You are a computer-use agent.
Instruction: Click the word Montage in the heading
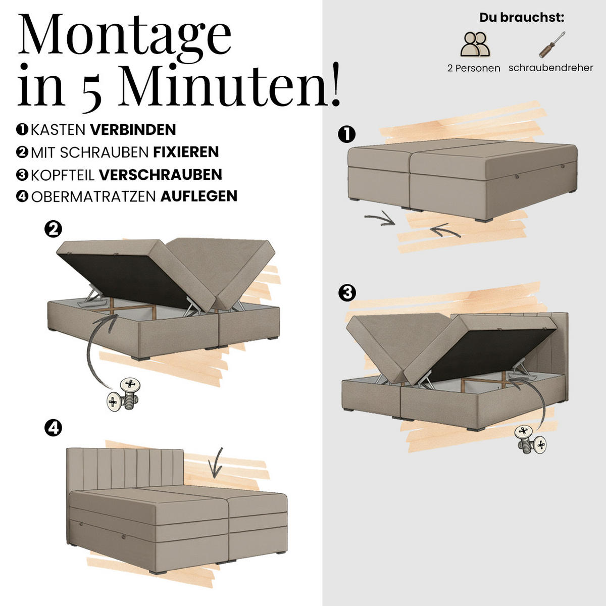[125, 38]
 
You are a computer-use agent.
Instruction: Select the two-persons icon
[475, 44]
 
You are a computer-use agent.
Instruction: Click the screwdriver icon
[552, 44]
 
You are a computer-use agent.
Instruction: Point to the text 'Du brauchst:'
[522, 18]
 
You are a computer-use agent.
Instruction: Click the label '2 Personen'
[474, 68]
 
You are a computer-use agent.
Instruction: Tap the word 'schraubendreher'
[550, 68]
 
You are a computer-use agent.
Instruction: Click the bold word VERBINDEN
[133, 130]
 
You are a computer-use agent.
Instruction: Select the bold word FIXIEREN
[186, 152]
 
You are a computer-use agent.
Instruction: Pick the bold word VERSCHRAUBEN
[161, 175]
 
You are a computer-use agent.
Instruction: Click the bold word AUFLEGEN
[199, 196]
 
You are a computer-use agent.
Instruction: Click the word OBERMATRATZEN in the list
[93, 196]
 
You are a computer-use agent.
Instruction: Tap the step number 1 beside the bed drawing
[346, 135]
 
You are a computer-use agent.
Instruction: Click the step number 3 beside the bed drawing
[347, 293]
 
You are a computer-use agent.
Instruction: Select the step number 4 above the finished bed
[53, 428]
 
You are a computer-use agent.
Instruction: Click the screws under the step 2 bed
[124, 394]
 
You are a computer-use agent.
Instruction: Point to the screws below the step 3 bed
[530, 440]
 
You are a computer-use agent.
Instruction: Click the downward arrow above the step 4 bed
[216, 463]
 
